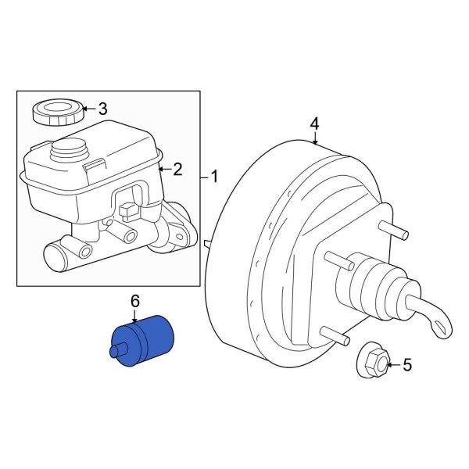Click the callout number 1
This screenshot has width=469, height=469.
pyautogui.click(x=214, y=177)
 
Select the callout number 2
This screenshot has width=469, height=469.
pyautogui.click(x=177, y=168)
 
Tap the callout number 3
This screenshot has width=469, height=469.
pyautogui.click(x=102, y=109)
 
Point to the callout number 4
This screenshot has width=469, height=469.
pyautogui.click(x=314, y=124)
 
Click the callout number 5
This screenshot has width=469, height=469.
pyautogui.click(x=406, y=364)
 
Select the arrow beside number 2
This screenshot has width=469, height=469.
pyautogui.click(x=163, y=168)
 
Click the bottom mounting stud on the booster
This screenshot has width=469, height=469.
pyautogui.click(x=338, y=338)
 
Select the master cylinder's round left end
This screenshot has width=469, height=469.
pyautogui.click(x=57, y=255)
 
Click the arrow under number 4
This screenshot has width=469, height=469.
pyautogui.click(x=314, y=140)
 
